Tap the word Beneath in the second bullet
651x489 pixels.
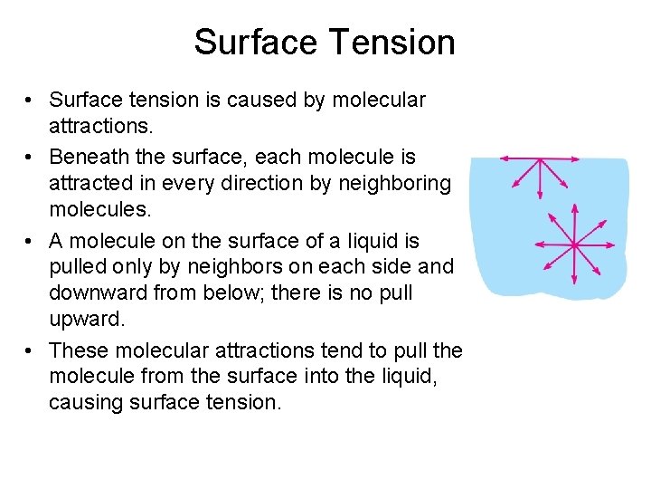click(88, 157)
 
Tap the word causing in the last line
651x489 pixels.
click(83, 403)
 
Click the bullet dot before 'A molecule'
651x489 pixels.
click(31, 242)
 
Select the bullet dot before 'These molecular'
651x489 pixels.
click(31, 351)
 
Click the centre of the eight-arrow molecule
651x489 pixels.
click(574, 244)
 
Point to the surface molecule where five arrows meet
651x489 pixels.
click(541, 159)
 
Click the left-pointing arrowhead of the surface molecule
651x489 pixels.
click(504, 159)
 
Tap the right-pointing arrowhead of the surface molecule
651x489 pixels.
click(579, 159)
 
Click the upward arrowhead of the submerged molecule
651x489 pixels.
click(574, 205)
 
